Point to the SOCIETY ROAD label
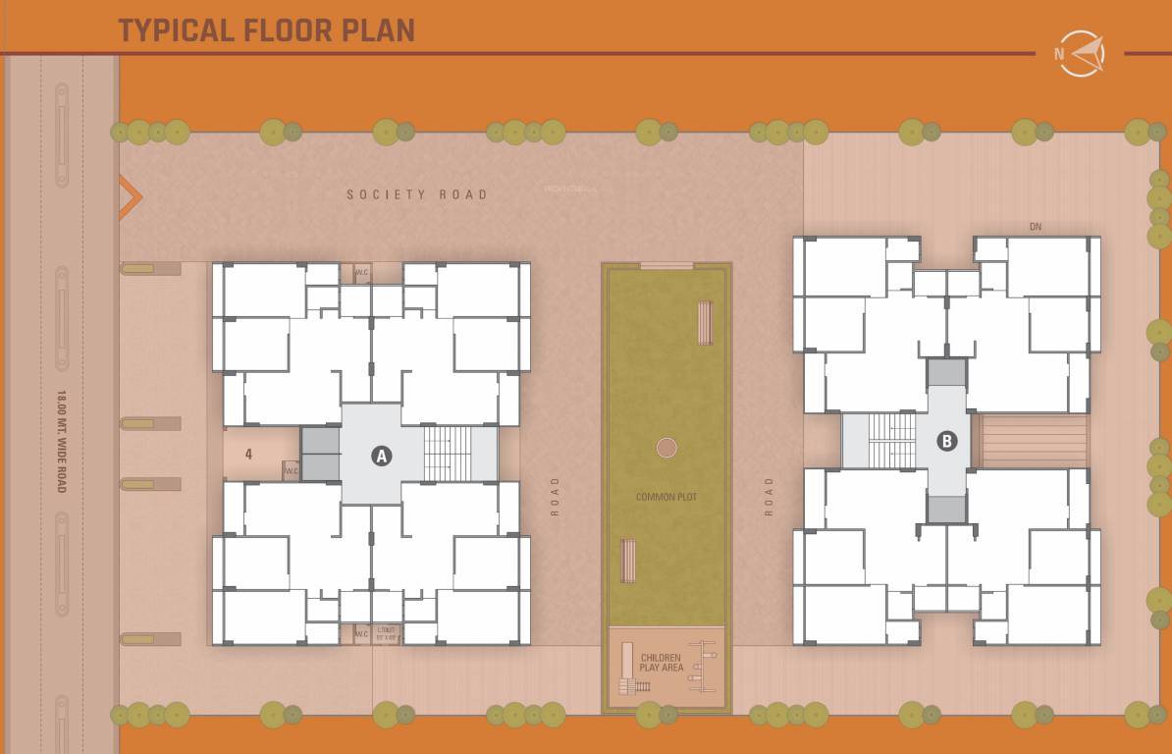tap(416, 194)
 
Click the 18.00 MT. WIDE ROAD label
tap(61, 441)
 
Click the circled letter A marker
tap(382, 455)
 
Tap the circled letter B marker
tap(946, 441)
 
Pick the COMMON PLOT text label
tap(666, 497)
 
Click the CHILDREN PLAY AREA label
tap(661, 663)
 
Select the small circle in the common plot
tap(666, 448)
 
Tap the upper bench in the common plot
tap(705, 322)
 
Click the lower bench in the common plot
tap(628, 560)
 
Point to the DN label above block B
tap(1035, 227)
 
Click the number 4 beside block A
tap(249, 455)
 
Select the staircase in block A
tap(447, 454)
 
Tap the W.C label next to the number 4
tap(292, 471)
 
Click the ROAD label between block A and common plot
tap(555, 496)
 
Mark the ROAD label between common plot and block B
tap(769, 496)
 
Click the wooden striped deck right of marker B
tap(1034, 441)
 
